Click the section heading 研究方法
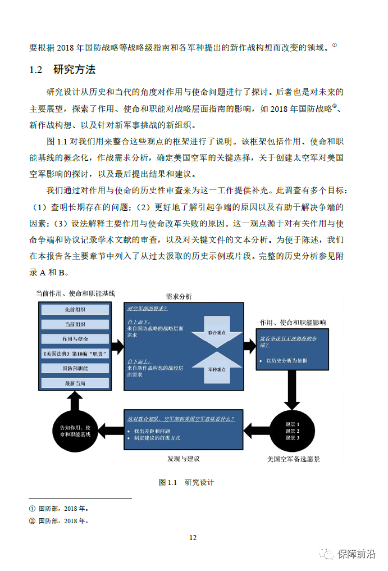(x=74, y=70)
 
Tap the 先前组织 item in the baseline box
(x=75, y=310)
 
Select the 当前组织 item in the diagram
(x=75, y=324)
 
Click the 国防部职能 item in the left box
(x=75, y=368)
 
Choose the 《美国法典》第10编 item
(x=75, y=354)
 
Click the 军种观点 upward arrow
(x=216, y=368)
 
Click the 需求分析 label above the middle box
(x=179, y=296)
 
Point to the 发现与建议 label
(x=183, y=459)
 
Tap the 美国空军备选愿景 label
(x=293, y=459)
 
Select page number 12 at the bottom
(x=193, y=538)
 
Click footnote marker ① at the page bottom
(x=32, y=509)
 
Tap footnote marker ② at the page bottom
(x=32, y=521)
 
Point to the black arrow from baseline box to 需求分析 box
(x=117, y=346)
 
